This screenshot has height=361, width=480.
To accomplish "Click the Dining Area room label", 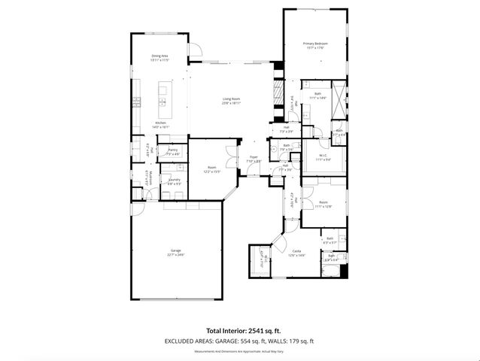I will point(159,56).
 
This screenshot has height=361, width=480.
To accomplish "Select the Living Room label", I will point(231,100).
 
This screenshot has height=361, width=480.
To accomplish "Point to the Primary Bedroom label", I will point(315,44).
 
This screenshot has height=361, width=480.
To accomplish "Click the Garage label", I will point(175,251).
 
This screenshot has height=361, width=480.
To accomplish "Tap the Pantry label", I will point(172,150).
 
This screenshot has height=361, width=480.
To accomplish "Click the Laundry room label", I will point(173,180).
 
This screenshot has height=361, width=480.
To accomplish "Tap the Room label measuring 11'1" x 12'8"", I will point(323,202).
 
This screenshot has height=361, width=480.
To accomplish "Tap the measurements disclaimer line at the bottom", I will point(239,350).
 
